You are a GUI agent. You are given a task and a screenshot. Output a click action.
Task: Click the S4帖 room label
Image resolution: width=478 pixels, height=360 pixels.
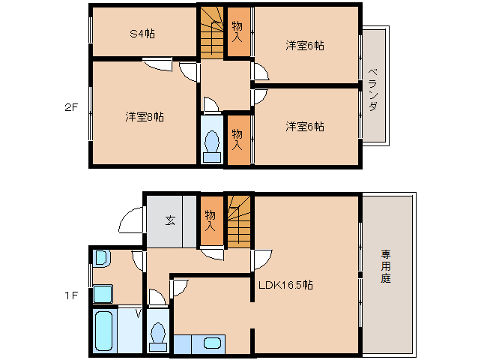click(142, 33)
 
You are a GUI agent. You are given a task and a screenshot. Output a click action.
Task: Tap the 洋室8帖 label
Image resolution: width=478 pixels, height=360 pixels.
click(145, 117)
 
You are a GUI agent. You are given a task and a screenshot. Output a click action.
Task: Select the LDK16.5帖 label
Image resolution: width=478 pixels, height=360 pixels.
click(285, 285)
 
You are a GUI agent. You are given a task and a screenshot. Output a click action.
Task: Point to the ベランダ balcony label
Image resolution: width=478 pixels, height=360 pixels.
click(373, 90)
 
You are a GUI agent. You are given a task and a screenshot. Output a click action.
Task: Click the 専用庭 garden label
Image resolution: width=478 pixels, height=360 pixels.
click(386, 266)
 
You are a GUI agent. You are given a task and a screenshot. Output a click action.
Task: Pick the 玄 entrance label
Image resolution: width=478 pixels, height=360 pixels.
click(170, 220)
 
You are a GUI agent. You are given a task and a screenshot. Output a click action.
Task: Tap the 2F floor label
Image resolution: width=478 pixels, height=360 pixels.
click(71, 107)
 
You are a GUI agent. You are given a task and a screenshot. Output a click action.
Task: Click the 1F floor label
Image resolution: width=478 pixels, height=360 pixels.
click(71, 295)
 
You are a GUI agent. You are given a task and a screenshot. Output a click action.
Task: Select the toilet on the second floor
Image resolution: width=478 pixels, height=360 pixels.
click(212, 146)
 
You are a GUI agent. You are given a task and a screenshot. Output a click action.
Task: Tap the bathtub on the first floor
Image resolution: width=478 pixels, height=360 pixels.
click(104, 331)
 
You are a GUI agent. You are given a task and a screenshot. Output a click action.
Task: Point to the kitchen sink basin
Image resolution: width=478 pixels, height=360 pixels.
click(213, 343)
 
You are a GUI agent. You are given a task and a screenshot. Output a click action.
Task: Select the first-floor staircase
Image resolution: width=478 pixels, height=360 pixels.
click(239, 221)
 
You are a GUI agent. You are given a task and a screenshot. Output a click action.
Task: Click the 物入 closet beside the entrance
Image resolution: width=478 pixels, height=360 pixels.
click(212, 220)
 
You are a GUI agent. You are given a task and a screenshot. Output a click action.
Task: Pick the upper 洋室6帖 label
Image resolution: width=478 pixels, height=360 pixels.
click(305, 46)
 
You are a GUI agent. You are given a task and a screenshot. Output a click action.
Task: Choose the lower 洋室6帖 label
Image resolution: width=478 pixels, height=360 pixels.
click(305, 126)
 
